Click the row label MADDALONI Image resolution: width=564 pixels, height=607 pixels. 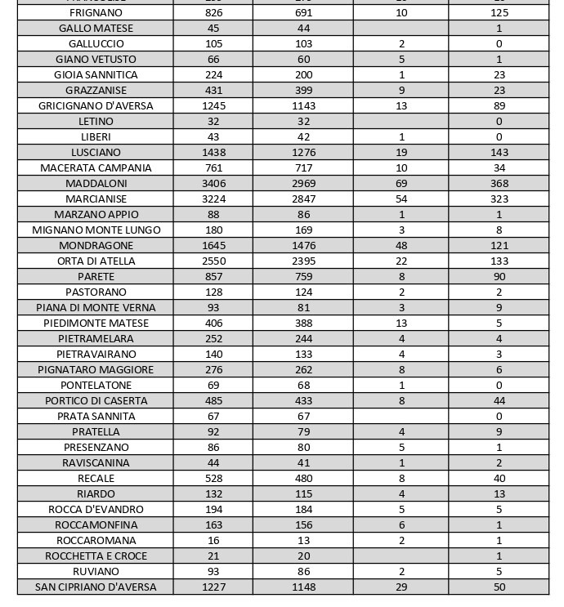click(x=96, y=183)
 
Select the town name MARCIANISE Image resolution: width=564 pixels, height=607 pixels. click(x=96, y=199)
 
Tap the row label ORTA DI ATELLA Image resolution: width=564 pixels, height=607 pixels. click(x=96, y=261)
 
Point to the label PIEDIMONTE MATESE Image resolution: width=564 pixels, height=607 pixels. click(x=96, y=323)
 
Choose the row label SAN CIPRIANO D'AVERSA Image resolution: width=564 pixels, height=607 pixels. click(x=96, y=587)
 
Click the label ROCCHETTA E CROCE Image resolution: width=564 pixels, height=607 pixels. click(x=96, y=556)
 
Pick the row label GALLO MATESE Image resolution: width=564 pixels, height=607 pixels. click(x=96, y=28)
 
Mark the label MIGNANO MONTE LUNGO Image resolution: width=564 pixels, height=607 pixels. click(x=96, y=230)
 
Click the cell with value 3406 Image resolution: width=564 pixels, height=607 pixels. click(x=213, y=183)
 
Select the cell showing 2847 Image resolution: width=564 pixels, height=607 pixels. click(x=303, y=199)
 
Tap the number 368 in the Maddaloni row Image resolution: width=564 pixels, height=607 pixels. click(x=499, y=183)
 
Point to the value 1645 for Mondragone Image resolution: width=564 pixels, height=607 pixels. click(x=213, y=245)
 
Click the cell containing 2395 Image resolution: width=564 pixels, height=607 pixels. click(x=303, y=261)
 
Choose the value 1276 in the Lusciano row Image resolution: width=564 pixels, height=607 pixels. click(x=303, y=152)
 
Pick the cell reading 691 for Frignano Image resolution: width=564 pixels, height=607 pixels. click(x=303, y=13)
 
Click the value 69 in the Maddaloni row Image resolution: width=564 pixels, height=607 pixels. click(x=401, y=183)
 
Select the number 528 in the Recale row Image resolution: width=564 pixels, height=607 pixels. click(x=213, y=478)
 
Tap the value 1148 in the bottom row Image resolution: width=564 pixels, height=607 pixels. click(x=303, y=587)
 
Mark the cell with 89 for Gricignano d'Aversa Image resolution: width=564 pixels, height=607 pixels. click(x=499, y=105)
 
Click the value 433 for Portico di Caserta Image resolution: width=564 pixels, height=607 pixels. click(x=303, y=400)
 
